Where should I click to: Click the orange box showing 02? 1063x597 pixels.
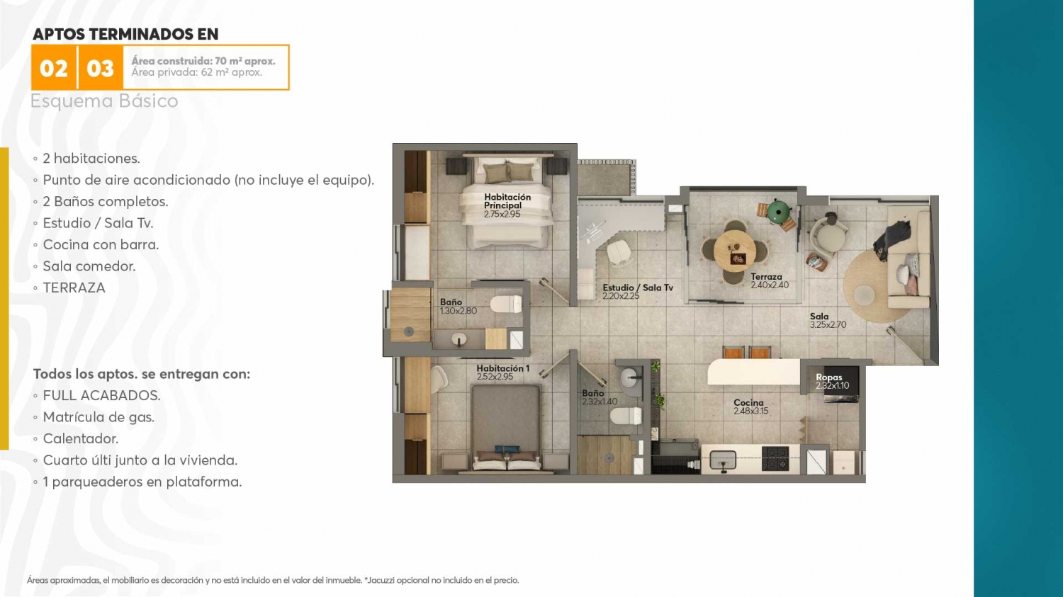pos(54,68)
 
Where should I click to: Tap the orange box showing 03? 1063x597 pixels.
pos(100,68)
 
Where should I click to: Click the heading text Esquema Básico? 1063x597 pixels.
pos(104,101)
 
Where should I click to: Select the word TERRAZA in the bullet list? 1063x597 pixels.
pos(74,288)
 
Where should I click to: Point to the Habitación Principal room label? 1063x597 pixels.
pos(507,201)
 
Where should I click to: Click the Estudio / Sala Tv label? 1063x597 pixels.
pos(638,288)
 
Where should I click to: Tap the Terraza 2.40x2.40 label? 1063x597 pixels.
pos(769,280)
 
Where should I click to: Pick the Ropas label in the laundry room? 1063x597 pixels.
pos(829,377)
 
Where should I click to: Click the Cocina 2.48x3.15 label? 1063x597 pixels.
pos(750,406)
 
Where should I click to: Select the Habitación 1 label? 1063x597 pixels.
pos(503,368)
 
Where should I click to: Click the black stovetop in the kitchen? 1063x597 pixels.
pos(775,458)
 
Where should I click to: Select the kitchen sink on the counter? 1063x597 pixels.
pos(723,460)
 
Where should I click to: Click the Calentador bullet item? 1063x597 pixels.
pos(81,439)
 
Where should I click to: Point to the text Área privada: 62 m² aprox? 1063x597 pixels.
pos(197,72)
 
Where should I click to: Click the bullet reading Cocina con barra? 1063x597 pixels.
pos(101,245)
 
